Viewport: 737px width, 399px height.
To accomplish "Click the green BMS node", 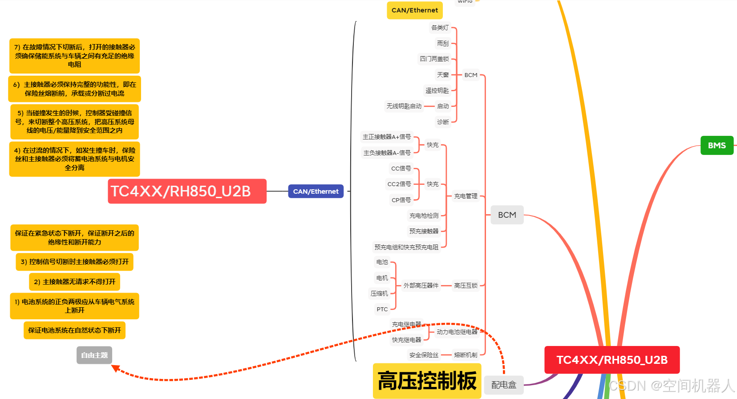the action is click(717, 146).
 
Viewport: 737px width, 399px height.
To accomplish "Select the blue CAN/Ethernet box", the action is click(316, 191).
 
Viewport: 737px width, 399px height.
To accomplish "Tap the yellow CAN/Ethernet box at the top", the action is click(414, 10).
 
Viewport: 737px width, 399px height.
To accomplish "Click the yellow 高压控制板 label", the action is click(427, 381).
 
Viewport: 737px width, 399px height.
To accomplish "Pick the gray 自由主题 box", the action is click(94, 355).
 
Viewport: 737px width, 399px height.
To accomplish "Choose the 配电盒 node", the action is click(504, 385).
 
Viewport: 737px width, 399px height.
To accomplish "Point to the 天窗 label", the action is click(443, 75).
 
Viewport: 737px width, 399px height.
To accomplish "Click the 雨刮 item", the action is click(443, 43).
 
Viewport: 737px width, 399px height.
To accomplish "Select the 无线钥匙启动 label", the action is click(404, 106).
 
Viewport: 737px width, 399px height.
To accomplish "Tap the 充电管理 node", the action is click(466, 196).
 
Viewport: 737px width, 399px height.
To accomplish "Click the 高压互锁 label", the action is click(466, 285).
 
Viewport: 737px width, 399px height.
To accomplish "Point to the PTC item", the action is click(382, 309).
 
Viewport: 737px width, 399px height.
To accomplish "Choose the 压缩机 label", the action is click(379, 293).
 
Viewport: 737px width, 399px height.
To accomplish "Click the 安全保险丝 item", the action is click(424, 355).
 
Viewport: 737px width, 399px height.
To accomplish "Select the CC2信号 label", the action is click(399, 184).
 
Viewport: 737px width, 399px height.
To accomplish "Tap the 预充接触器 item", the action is click(424, 231).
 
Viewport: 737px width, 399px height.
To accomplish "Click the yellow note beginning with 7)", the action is click(74, 56).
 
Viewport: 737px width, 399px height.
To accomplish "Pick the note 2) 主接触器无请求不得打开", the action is click(74, 282).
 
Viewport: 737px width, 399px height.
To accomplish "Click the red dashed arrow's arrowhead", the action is click(115, 368).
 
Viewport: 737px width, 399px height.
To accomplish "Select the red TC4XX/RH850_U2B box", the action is click(612, 360).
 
